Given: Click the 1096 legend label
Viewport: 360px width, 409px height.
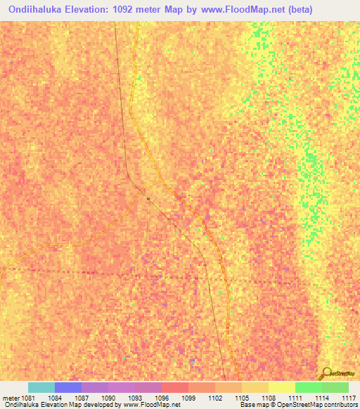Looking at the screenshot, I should coord(161,398).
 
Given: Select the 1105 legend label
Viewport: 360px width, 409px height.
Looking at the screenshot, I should coord(241,398).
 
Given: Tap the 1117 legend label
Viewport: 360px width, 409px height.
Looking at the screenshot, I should coord(348,398).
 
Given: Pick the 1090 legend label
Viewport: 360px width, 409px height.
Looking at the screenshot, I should coord(108,398).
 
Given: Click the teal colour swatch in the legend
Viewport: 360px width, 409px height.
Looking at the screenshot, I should coord(41,387).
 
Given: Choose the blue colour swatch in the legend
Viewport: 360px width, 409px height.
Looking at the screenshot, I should coord(67,387).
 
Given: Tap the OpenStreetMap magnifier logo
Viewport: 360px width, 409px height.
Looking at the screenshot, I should coord(326,373).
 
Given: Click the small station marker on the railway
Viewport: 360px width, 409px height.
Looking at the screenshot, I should coord(148,198).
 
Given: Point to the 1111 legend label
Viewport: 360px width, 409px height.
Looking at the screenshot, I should coord(295,398).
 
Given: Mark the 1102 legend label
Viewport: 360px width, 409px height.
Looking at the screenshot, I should coord(214,398).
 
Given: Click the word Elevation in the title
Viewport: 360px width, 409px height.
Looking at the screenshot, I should coord(89,10).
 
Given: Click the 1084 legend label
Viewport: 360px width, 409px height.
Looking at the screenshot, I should coord(55,398).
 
